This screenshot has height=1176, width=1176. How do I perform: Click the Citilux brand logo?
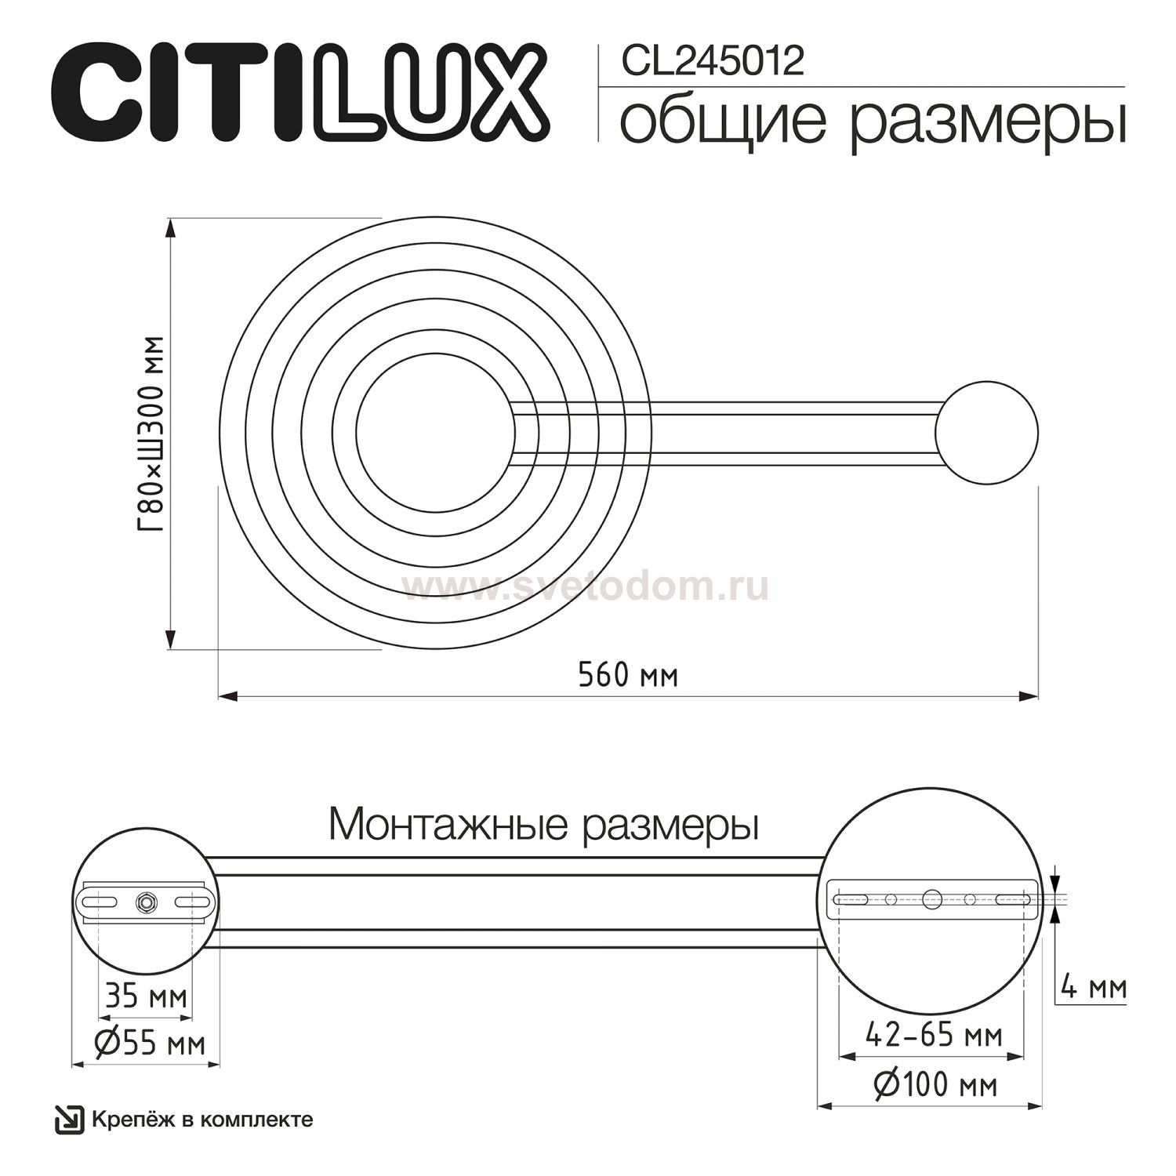(x=300, y=93)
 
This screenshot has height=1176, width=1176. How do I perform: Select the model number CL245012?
(x=713, y=61)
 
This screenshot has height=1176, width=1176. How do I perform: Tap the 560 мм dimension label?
(x=628, y=674)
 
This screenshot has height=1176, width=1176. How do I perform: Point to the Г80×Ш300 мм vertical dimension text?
(x=149, y=434)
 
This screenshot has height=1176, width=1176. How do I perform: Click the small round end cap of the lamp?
(x=986, y=433)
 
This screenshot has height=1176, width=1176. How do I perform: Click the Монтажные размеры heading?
(x=544, y=826)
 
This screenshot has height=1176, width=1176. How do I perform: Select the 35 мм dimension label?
(x=146, y=996)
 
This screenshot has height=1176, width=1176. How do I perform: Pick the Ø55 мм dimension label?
(x=150, y=1044)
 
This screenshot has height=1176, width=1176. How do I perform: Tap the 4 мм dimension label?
(x=1093, y=987)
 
